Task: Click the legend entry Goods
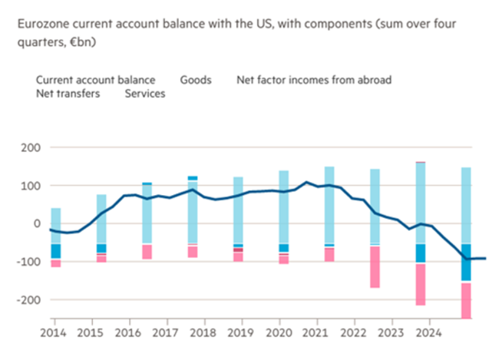(195, 80)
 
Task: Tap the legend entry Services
(145, 94)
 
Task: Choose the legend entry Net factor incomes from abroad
(314, 80)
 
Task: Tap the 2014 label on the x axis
(53, 334)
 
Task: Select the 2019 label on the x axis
(241, 334)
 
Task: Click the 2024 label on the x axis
(429, 334)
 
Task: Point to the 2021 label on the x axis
(316, 334)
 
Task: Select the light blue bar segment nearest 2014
(56, 226)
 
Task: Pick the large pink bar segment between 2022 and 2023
(375, 266)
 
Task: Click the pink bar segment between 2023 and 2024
(420, 284)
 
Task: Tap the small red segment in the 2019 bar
(238, 250)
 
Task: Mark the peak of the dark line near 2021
(306, 183)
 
